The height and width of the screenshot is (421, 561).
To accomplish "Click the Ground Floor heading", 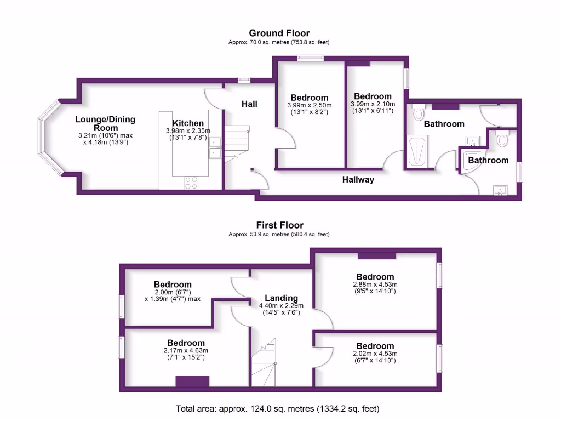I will coord(279,33).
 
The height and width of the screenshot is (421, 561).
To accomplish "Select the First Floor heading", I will coord(279,225).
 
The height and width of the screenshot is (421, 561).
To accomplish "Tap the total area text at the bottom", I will coord(277,408).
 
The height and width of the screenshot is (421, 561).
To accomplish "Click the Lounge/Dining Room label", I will coord(105,123).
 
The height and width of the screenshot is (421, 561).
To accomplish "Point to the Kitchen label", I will coord(188,123).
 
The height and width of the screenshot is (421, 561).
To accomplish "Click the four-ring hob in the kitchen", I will coord(191,183).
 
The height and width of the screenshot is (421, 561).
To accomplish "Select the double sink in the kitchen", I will coord(215,148).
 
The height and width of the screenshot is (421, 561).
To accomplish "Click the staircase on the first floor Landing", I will coord(264,359).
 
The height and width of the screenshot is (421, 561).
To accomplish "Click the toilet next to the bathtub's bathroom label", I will coord(419,112).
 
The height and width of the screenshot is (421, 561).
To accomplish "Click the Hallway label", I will coord(358,179).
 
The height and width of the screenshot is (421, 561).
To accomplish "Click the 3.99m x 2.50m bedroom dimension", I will coord(310,105).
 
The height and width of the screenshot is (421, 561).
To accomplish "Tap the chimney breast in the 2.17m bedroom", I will coord(192,381).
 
